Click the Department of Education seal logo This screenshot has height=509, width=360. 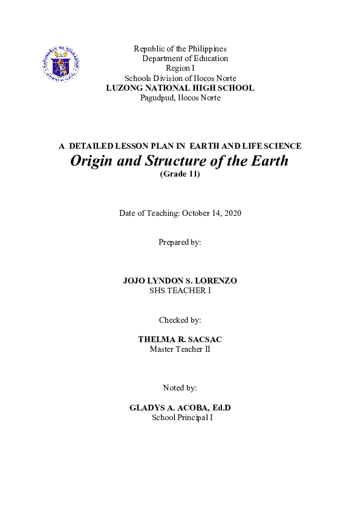[61, 63]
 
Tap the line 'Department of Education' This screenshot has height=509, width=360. [185, 59]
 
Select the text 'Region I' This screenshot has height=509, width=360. [180, 68]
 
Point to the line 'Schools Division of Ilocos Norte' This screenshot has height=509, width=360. [180, 78]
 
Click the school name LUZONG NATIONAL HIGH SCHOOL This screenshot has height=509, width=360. [180, 88]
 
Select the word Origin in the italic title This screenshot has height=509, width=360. [91, 161]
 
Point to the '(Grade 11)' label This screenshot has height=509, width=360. [180, 174]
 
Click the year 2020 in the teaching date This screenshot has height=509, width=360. [231, 213]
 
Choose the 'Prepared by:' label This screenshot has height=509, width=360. [180, 242]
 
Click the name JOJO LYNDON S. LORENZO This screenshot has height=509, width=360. [180, 281]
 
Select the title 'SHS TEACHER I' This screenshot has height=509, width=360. [180, 291]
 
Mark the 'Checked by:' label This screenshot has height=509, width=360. [180, 320]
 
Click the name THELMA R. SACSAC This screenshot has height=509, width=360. [180, 340]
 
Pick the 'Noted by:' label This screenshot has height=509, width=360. [180, 387]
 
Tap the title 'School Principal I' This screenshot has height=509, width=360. [180, 418]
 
